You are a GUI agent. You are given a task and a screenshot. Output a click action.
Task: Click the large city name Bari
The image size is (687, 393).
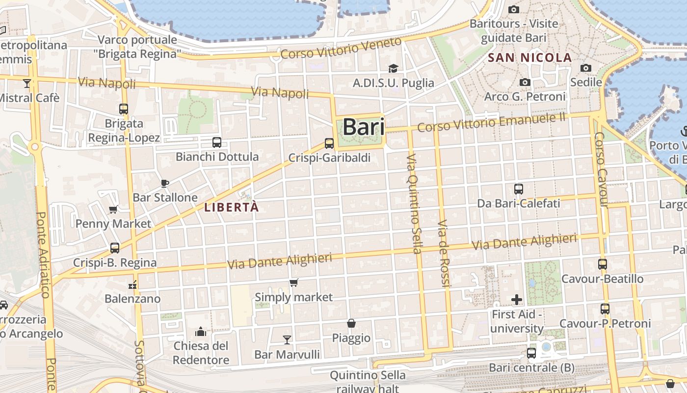(363, 127)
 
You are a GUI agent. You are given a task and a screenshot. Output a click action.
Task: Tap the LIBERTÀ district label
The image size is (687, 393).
(231, 207)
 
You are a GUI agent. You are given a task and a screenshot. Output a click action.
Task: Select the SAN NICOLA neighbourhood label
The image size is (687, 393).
(529, 57)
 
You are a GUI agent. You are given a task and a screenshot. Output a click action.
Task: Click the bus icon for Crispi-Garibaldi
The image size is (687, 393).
(329, 143)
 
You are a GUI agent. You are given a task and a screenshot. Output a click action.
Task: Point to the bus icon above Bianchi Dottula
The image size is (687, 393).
(217, 142)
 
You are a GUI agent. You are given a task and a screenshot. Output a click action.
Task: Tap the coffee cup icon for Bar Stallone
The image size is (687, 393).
(165, 183)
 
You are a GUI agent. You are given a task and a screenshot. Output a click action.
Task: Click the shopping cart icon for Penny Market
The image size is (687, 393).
(113, 210)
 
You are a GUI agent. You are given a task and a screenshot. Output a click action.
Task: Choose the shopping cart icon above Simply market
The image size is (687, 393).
(293, 282)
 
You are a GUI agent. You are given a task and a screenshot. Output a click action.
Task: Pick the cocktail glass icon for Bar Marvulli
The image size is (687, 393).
(287, 339)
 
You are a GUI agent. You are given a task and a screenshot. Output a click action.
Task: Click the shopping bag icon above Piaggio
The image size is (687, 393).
(351, 323)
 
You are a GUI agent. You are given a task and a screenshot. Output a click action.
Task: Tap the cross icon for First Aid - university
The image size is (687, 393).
(517, 299)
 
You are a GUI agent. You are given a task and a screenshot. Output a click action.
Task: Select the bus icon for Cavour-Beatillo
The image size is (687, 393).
(603, 264)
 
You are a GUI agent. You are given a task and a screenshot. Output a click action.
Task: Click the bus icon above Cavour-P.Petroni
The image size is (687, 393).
(605, 309)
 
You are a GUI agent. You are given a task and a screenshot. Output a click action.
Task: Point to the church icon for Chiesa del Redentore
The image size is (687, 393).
(201, 332)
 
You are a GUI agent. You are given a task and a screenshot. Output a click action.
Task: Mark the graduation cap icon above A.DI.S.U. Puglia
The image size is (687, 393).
(393, 68)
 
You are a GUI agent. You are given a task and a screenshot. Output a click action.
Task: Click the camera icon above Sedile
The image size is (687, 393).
(586, 68)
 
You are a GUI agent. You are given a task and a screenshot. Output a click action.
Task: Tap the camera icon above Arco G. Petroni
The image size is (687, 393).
(525, 82)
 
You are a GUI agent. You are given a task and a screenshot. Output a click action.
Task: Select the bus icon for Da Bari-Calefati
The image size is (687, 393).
(519, 189)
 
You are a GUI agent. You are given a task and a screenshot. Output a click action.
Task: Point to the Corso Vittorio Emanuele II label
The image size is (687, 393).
(491, 122)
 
